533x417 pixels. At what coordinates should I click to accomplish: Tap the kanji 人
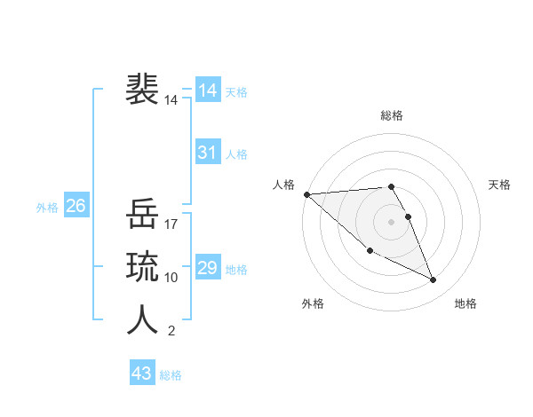(x=143, y=319)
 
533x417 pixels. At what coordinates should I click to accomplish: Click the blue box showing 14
(x=208, y=90)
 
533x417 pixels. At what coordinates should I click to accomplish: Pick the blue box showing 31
(x=208, y=152)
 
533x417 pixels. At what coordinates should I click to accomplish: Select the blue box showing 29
(x=208, y=267)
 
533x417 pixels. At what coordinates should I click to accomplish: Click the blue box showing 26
(x=76, y=206)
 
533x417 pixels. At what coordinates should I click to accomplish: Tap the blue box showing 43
(x=142, y=374)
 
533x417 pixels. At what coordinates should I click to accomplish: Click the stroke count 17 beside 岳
(x=171, y=224)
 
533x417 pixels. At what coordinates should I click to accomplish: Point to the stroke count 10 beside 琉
(x=171, y=278)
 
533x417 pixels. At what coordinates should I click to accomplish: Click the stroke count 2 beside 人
(x=171, y=331)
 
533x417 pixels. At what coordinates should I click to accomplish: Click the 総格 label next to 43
(x=171, y=375)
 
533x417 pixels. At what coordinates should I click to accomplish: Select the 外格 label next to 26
(x=47, y=208)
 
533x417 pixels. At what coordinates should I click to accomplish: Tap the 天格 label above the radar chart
(x=499, y=185)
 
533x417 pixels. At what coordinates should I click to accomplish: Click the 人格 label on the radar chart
(x=283, y=185)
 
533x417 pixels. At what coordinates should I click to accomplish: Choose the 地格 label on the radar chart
(x=465, y=303)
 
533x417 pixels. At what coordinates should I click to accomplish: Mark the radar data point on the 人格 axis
(x=306, y=194)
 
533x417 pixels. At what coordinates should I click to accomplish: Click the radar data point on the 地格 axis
(x=434, y=280)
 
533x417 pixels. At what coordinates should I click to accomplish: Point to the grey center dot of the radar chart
(x=391, y=221)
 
